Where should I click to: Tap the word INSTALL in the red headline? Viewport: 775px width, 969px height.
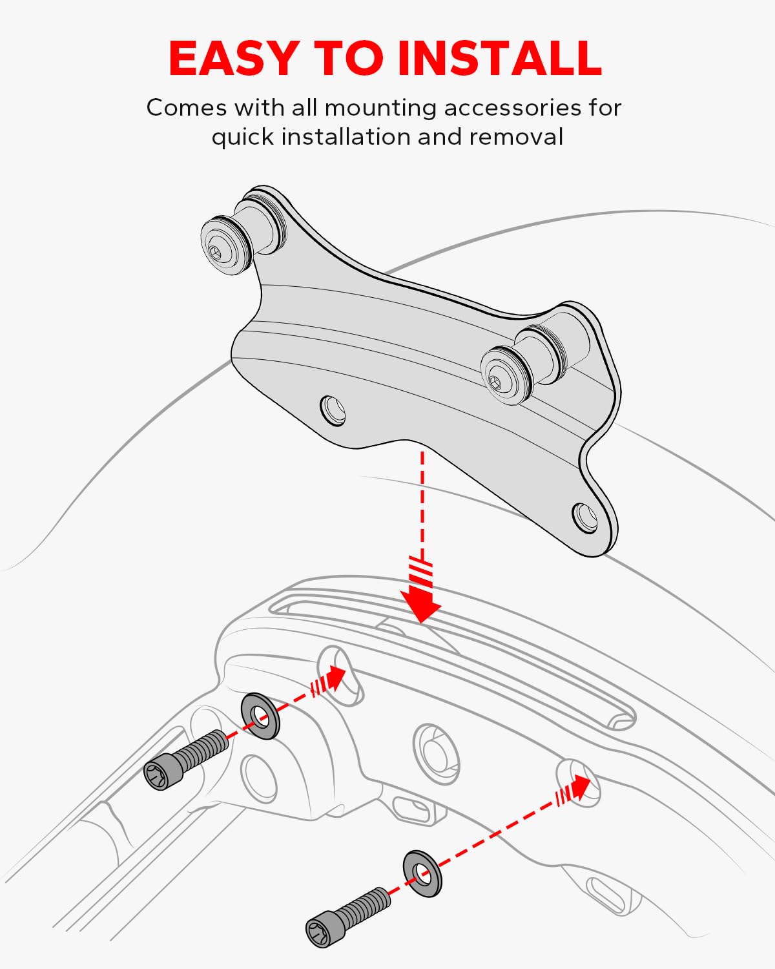[x=499, y=58]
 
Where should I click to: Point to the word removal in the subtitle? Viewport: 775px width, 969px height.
[x=516, y=137]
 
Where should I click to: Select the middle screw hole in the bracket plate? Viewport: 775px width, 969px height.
[x=333, y=410]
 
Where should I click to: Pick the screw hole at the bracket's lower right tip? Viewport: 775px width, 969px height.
[x=585, y=517]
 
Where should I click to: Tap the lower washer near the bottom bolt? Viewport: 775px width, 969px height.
[x=422, y=873]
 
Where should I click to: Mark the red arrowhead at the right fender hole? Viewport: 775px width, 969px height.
[x=580, y=787]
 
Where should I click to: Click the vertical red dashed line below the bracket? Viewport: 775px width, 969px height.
[x=422, y=504]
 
